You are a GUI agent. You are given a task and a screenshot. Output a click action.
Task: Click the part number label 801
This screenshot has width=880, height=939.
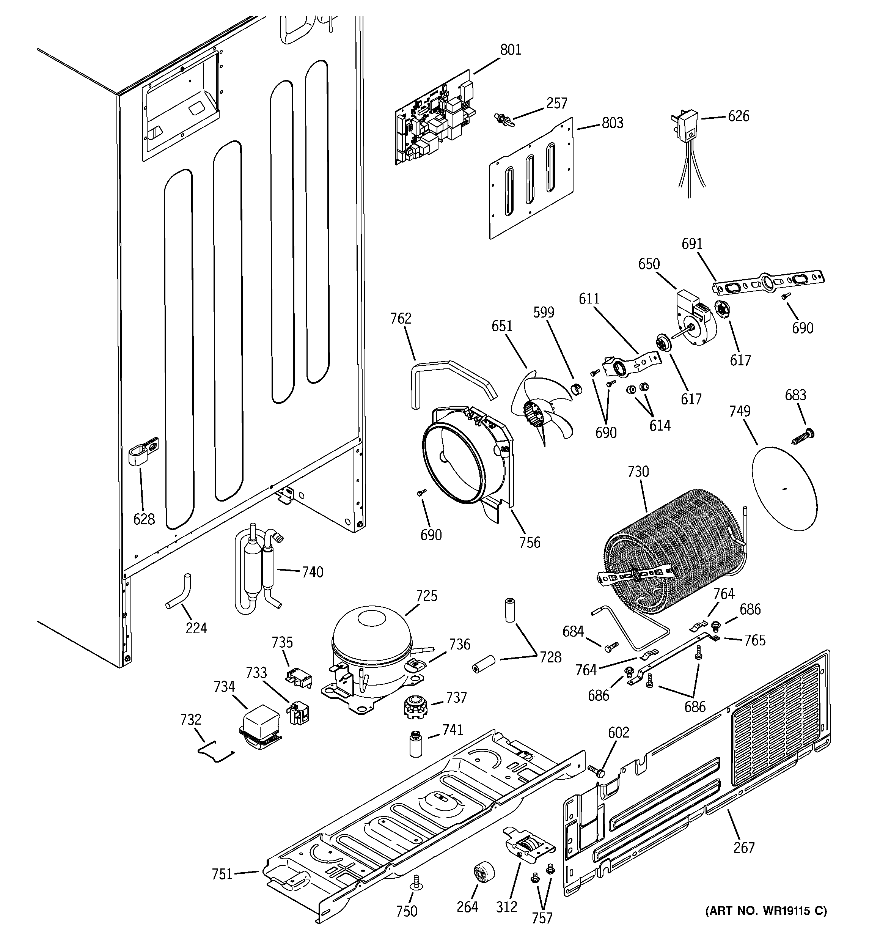(x=511, y=50)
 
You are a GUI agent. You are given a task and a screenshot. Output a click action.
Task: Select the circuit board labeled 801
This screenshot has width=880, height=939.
(x=435, y=120)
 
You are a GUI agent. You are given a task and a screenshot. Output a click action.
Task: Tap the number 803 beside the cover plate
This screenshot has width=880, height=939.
(x=612, y=123)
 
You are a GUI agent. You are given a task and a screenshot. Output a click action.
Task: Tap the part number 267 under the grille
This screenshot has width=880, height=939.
(x=743, y=848)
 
